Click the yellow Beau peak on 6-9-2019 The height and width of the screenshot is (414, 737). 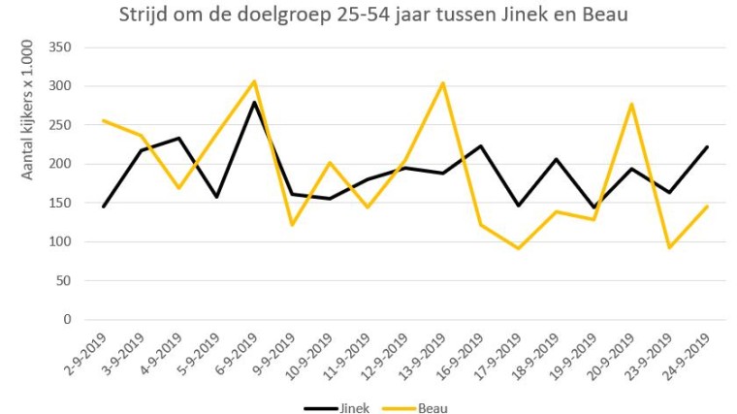tap(254, 81)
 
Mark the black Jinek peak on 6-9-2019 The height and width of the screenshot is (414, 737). tap(254, 103)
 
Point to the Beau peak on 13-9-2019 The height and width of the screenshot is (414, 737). tap(443, 82)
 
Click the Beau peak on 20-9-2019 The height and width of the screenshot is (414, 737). tap(632, 104)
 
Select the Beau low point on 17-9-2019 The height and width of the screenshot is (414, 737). tap(519, 248)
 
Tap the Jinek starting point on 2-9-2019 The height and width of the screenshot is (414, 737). tap(103, 207)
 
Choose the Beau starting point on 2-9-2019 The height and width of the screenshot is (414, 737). tap(103, 120)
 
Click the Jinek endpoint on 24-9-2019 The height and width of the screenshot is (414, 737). tap(708, 146)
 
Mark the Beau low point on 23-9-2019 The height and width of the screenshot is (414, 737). tap(670, 247)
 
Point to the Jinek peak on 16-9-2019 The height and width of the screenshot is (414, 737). tap(481, 146)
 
